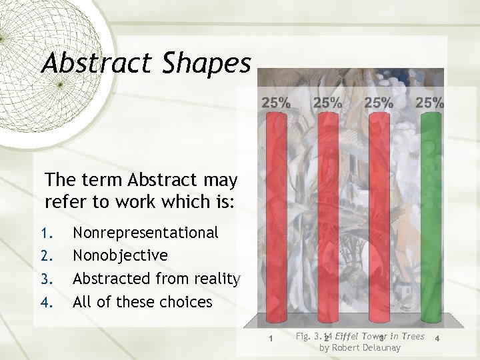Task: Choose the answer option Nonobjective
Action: pyautogui.click(x=120, y=256)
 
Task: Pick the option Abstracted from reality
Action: pyautogui.click(x=156, y=279)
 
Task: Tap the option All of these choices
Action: pyautogui.click(x=142, y=302)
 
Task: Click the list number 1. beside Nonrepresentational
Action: pyautogui.click(x=46, y=233)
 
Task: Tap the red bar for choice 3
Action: pyautogui.click(x=378, y=213)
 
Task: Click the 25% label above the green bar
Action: pyautogui.click(x=430, y=103)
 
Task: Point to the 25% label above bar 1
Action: pyautogui.click(x=275, y=103)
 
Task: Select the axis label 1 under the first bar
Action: pyautogui.click(x=269, y=339)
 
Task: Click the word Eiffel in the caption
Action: pyautogui.click(x=349, y=336)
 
